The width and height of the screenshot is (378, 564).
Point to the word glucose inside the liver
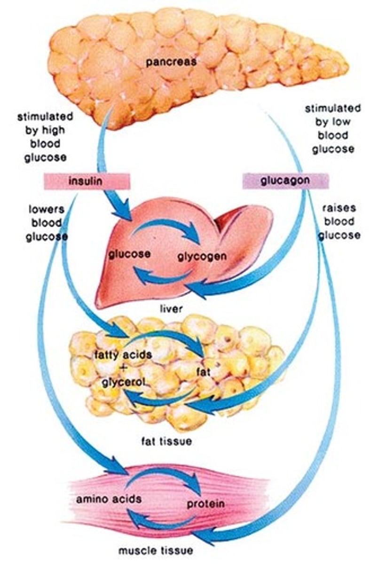click(129, 254)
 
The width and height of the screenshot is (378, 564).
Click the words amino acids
click(109, 499)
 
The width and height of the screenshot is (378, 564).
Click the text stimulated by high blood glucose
click(45, 136)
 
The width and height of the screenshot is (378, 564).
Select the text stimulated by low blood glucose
click(333, 129)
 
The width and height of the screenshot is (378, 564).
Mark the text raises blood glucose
click(339, 221)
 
